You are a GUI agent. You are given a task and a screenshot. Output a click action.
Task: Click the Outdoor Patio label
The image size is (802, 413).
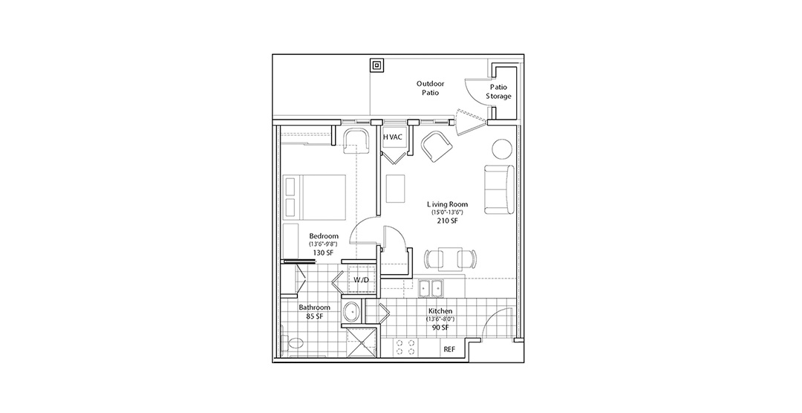coord(430,88)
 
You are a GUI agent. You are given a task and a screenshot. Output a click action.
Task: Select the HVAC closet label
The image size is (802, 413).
coord(393,137)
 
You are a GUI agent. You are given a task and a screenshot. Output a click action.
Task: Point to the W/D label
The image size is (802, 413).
coord(361,279)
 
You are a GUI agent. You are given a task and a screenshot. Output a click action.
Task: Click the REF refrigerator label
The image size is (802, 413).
coord(449,350)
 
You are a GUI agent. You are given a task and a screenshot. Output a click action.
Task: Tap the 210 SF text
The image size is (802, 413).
coord(448,221)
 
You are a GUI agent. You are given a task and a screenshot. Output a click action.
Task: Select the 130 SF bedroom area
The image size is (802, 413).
coord(324,253)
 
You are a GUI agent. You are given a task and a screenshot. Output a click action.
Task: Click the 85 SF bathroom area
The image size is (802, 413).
coord(314,316)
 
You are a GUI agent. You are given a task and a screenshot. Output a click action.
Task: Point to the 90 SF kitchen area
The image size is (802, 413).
coord(440,327)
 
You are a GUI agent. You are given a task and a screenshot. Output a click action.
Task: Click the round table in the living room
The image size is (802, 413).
coord(501,149)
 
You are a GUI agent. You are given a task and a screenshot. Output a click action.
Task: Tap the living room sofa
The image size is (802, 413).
coord(499,189)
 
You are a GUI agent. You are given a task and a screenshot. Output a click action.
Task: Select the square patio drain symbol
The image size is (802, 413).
coord(376,65)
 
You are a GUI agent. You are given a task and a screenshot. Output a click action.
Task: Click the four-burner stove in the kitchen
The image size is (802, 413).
coord(405,348)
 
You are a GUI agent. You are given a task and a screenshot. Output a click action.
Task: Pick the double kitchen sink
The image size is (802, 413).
coord(431,289)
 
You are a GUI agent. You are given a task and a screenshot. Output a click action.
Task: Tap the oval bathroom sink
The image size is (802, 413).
coord(352,312)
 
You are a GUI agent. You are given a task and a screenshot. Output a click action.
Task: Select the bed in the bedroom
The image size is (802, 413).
coord(314,195)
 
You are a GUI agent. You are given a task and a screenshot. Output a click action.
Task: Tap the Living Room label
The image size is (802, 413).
coord(448,204)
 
